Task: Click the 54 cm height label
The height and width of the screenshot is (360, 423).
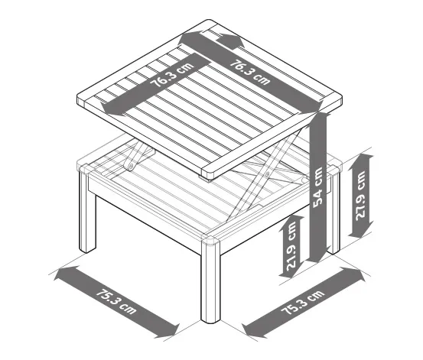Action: coord(317,187)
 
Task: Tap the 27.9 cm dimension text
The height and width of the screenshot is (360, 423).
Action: coord(360,195)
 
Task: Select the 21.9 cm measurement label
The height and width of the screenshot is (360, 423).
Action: coord(291,246)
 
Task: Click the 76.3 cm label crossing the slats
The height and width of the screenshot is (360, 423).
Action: coord(172,75)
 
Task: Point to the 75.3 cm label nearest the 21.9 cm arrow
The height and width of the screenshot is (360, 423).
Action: coord(302,303)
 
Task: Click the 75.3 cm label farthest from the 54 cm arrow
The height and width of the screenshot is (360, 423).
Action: coord(116,301)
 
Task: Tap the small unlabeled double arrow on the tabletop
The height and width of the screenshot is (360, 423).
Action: coord(230,41)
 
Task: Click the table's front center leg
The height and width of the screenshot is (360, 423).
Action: coord(210,281)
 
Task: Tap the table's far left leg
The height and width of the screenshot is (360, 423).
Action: coord(87,210)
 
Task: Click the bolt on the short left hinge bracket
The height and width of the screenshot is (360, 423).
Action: coord(132,165)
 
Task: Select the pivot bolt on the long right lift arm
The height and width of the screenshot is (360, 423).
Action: coord(268,174)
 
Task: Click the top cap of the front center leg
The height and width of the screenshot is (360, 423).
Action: coord(210,240)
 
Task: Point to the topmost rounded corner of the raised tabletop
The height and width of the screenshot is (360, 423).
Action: coord(208,21)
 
